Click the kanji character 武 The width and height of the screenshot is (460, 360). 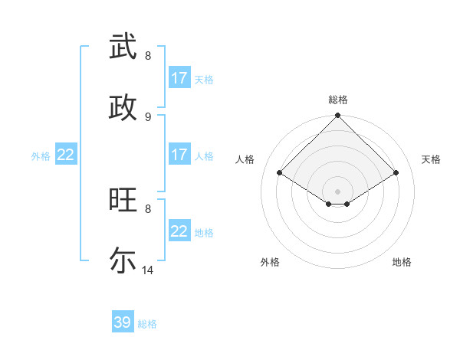(123, 47)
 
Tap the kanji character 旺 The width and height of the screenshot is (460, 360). (123, 200)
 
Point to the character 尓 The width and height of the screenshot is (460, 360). (123, 260)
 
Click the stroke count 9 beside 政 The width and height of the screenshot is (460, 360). (148, 116)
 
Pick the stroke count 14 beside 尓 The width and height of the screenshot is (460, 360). (148, 270)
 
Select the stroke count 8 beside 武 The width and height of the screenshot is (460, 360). (148, 56)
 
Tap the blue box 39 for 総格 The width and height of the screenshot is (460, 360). (123, 322)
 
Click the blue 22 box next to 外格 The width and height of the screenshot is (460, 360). (65, 155)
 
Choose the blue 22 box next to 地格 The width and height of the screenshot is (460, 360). (179, 231)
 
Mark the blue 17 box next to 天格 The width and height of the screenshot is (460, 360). (179, 78)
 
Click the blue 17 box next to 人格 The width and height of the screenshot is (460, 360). (179, 155)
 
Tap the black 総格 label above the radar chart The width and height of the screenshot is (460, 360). (338, 100)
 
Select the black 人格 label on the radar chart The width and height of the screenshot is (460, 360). (245, 159)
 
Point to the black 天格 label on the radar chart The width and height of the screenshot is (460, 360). (431, 159)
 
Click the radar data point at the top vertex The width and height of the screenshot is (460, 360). (338, 116)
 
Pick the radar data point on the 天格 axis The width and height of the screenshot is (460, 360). (396, 173)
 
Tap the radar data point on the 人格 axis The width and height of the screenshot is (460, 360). (280, 173)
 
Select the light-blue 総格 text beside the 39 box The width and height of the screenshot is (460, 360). (147, 324)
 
